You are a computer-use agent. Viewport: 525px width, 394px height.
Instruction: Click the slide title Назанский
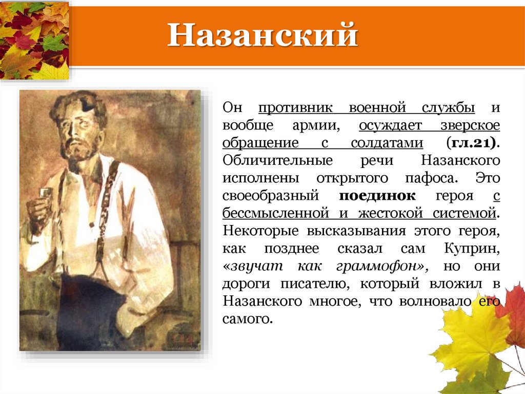[262, 36]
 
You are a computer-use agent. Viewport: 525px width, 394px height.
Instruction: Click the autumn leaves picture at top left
[34, 40]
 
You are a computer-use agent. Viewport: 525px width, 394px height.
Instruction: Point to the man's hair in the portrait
[77, 103]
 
